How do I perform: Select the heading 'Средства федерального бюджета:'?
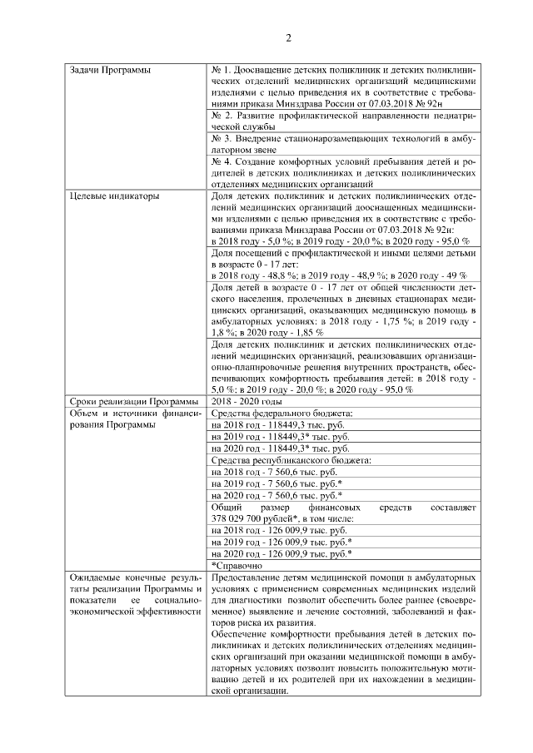(x=282, y=414)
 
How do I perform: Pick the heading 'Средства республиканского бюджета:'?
(x=291, y=460)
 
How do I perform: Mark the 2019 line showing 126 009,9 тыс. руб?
(x=281, y=541)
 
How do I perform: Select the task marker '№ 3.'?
(x=222, y=137)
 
